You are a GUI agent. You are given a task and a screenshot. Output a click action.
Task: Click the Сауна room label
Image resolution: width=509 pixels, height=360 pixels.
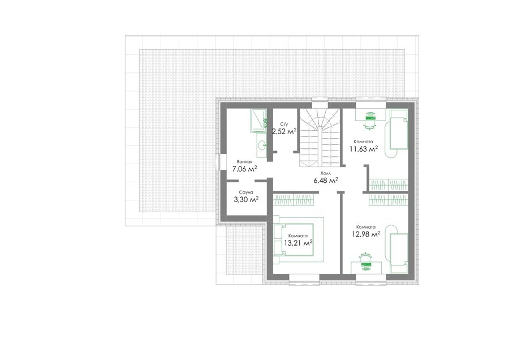pyautogui.click(x=246, y=192)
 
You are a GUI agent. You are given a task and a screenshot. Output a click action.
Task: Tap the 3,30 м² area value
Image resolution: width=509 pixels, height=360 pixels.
pyautogui.click(x=246, y=199)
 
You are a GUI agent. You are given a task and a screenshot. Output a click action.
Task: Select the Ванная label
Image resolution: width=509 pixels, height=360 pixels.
pyautogui.click(x=244, y=161)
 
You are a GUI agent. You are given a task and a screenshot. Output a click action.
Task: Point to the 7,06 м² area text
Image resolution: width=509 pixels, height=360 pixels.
pyautogui.click(x=244, y=169)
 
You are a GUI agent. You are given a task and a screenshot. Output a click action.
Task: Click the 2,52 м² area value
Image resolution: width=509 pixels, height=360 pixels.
pyautogui.click(x=284, y=131)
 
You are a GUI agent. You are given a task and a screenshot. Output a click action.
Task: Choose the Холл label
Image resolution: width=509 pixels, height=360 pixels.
pyautogui.click(x=325, y=174)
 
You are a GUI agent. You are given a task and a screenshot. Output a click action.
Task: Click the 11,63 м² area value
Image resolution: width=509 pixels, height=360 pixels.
pyautogui.click(x=364, y=149)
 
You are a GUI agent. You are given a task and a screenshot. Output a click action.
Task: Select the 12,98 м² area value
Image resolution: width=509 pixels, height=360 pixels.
pyautogui.click(x=366, y=234)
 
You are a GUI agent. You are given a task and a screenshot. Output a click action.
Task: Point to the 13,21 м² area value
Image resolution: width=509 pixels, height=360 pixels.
pyautogui.click(x=298, y=243)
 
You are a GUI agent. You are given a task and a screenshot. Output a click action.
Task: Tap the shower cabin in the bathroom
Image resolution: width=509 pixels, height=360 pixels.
pyautogui.click(x=258, y=121)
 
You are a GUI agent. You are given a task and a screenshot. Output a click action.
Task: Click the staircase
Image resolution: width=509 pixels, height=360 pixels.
pyautogui.click(x=320, y=137)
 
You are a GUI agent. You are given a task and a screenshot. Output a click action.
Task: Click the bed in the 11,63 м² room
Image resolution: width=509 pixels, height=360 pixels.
pyautogui.click(x=398, y=129)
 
